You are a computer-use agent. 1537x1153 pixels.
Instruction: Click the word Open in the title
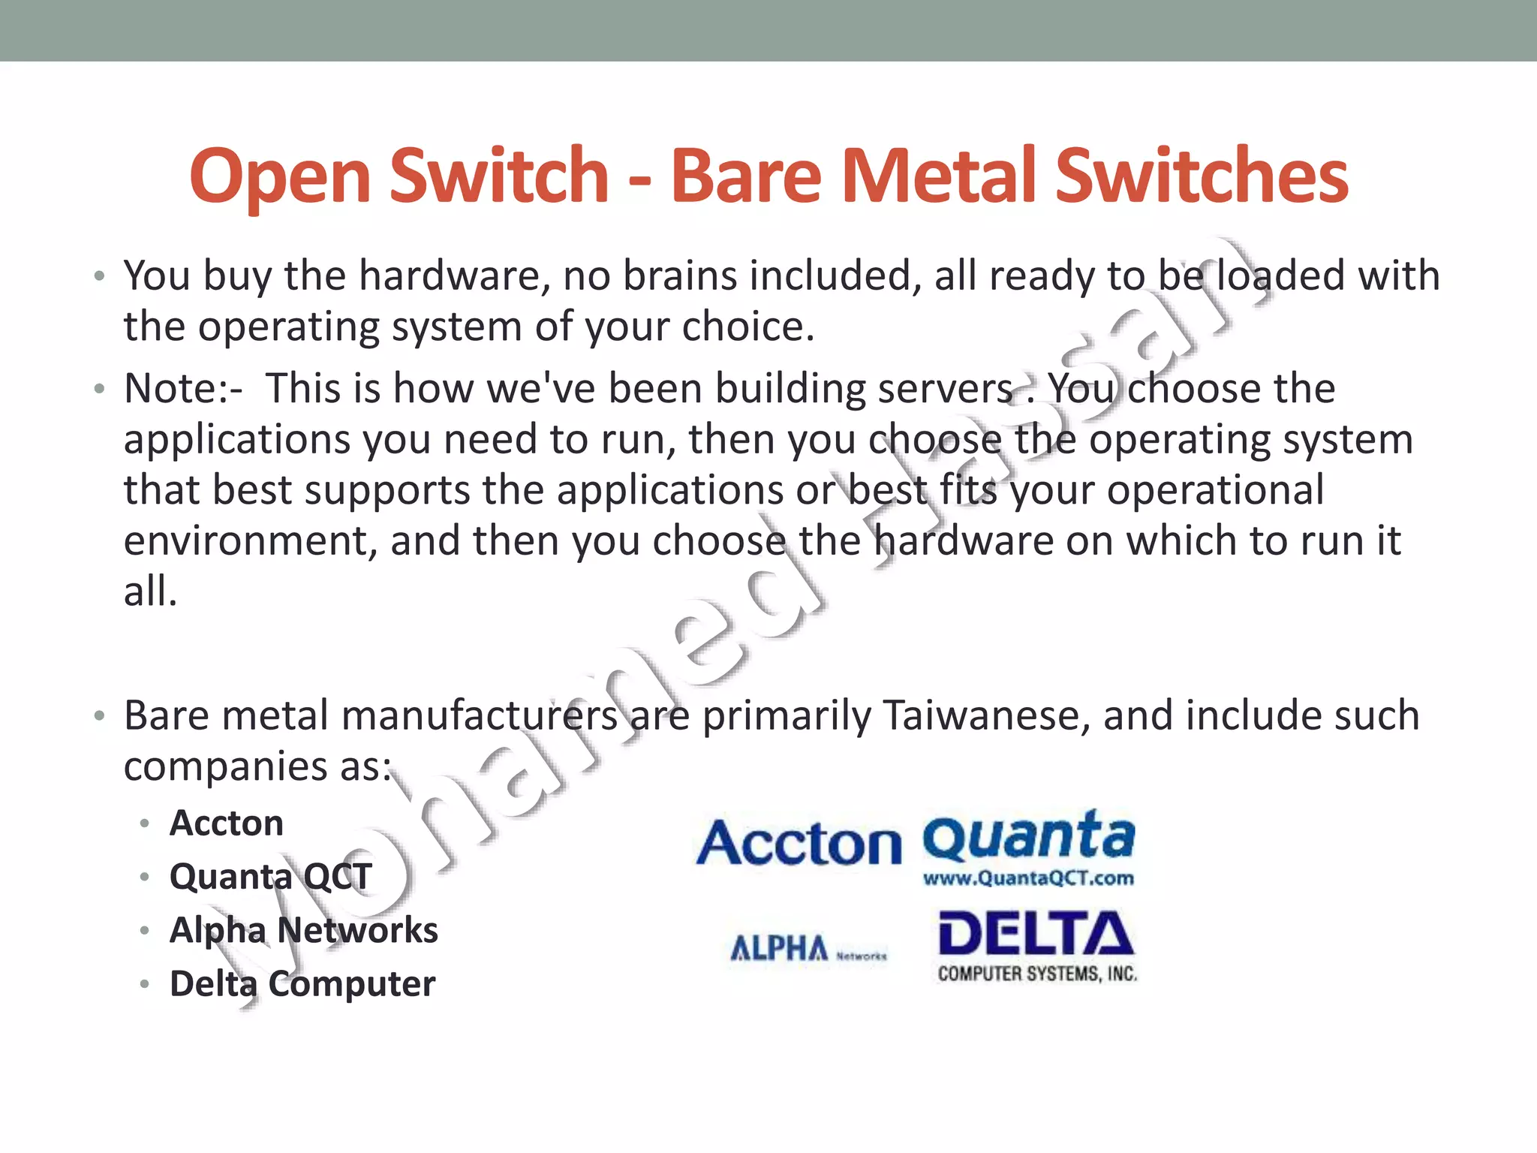pyautogui.click(x=280, y=176)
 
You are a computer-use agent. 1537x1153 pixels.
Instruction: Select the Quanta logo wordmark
pyautogui.click(x=1029, y=836)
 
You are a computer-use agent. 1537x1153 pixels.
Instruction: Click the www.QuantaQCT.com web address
pyautogui.click(x=1028, y=878)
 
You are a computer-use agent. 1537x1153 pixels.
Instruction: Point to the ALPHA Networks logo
pyautogui.click(x=808, y=949)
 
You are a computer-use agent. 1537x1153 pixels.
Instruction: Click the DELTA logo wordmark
pyautogui.click(x=1036, y=935)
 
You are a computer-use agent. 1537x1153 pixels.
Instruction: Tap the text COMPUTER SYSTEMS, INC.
pyautogui.click(x=1037, y=974)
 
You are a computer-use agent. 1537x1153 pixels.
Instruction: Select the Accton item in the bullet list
pyautogui.click(x=227, y=823)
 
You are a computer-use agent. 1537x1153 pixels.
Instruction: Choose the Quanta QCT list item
pyautogui.click(x=270, y=877)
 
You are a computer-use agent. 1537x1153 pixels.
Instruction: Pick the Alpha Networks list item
pyautogui.click(x=303, y=930)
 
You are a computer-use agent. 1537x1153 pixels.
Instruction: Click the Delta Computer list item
pyautogui.click(x=302, y=983)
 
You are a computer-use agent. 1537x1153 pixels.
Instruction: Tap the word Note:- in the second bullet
pyautogui.click(x=183, y=389)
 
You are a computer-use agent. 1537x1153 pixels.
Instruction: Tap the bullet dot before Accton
pyautogui.click(x=145, y=824)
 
